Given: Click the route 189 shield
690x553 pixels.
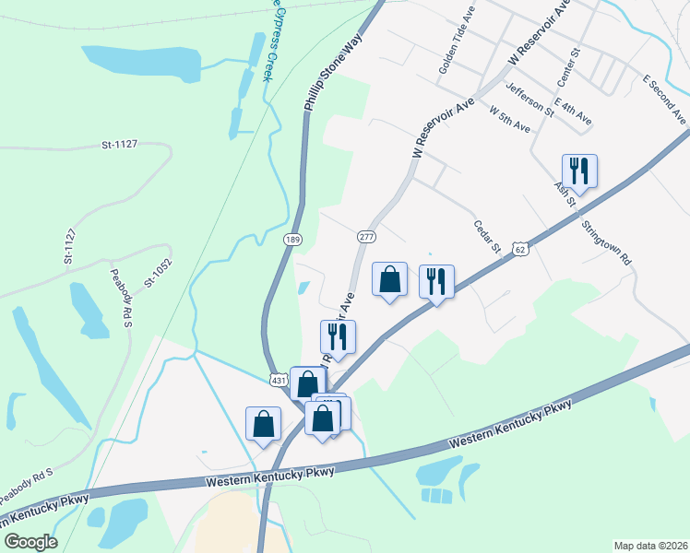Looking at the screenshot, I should tap(292, 240).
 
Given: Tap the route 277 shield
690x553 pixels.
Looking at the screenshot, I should tap(365, 238).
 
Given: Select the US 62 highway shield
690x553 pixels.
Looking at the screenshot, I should tap(521, 248).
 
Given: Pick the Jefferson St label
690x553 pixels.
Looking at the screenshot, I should tap(529, 100).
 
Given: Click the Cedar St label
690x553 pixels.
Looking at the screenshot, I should tap(486, 236).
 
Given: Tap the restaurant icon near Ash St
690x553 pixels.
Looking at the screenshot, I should tap(579, 171).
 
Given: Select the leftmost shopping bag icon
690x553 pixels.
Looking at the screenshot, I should tap(263, 423).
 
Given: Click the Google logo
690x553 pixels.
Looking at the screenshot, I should tap(31, 542).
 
